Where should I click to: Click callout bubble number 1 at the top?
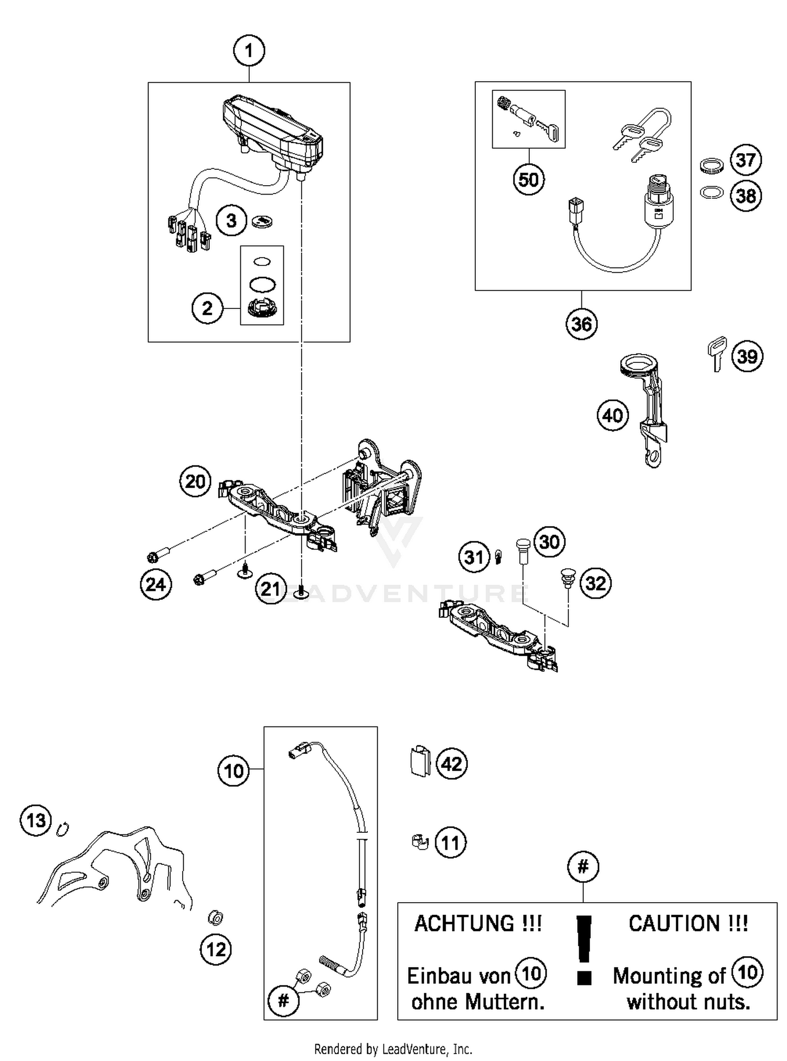(x=249, y=51)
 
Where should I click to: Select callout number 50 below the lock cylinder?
(x=528, y=180)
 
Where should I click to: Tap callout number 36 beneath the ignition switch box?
(x=581, y=324)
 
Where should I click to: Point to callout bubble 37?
(x=746, y=160)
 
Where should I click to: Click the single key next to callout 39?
(x=717, y=353)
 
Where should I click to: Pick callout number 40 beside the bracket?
(x=612, y=415)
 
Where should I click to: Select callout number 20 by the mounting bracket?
(x=195, y=481)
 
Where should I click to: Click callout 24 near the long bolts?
(x=156, y=584)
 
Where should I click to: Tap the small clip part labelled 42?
(x=419, y=760)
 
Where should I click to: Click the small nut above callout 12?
(x=215, y=917)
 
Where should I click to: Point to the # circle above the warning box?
(x=583, y=867)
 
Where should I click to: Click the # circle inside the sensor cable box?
(x=283, y=1001)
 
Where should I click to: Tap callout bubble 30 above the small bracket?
(x=549, y=541)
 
